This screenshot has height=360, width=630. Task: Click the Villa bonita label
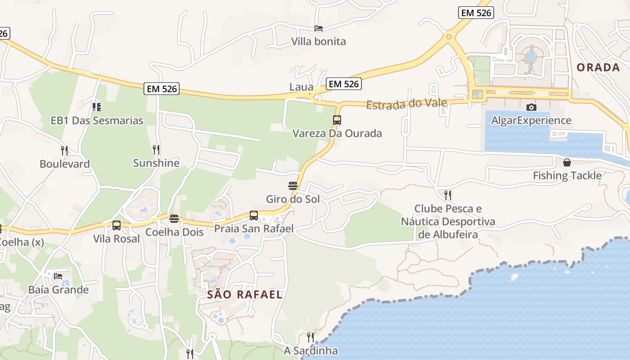pos(319,41)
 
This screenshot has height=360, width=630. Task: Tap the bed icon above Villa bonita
pos(319,28)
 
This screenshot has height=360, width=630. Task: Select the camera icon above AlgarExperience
pos(531,107)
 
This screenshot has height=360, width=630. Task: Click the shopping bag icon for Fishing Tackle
pos(567,162)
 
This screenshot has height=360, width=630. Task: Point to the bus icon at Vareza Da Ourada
pos(337,120)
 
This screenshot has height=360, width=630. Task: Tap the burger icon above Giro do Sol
pos(293,185)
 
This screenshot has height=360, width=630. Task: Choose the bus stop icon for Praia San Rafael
pos(254,216)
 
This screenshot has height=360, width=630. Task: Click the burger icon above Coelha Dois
pos(174,219)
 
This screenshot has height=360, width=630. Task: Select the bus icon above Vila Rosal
pos(117,225)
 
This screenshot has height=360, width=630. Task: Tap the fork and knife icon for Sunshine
pos(156,149)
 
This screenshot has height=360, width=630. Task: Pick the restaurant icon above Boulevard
pos(64,150)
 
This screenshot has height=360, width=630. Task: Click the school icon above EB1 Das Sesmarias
pos(97,107)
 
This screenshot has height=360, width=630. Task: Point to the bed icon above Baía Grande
pos(58,276)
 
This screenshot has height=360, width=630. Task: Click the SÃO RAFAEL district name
pos(245,295)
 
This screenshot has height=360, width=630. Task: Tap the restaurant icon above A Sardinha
pos(310,337)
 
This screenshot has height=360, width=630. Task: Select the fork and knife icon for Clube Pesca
pos(448,195)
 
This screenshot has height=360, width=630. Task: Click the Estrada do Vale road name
pos(406,104)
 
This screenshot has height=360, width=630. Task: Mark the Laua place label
pos(301,87)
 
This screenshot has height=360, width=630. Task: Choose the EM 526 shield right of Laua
pos(344,84)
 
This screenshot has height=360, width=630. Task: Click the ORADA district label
pos(598,67)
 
